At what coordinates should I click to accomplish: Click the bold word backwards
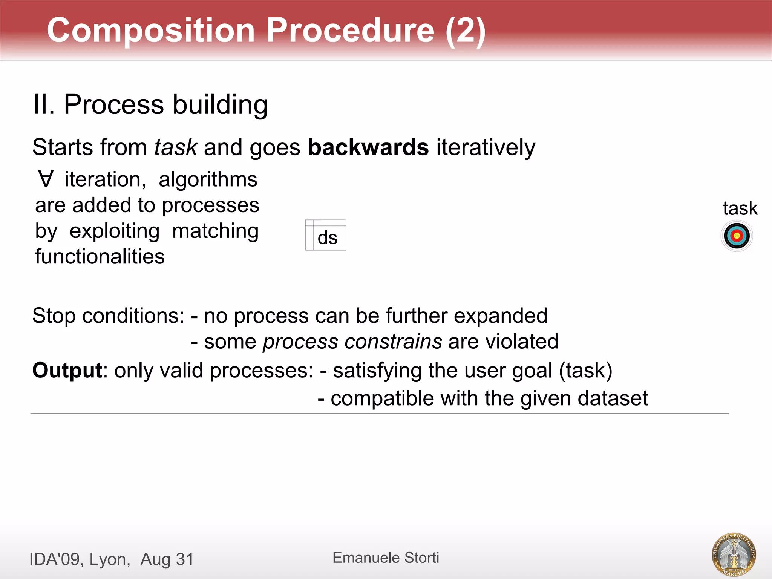click(x=368, y=147)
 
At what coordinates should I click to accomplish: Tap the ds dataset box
click(x=326, y=236)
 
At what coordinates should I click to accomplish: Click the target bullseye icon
click(x=737, y=236)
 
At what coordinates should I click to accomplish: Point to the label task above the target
click(x=740, y=208)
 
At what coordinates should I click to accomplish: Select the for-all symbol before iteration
click(x=46, y=179)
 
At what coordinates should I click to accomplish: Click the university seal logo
click(x=734, y=554)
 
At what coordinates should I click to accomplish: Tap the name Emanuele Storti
click(x=386, y=558)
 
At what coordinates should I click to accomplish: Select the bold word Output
click(x=67, y=370)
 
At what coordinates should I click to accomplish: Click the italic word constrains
click(x=393, y=342)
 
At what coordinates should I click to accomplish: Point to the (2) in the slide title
click(x=465, y=30)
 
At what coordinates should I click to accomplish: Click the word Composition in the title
click(x=151, y=30)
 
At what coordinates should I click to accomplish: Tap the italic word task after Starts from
click(x=176, y=147)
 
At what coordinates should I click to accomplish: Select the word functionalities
click(x=100, y=257)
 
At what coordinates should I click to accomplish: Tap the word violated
click(x=522, y=342)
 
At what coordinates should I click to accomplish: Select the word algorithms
click(x=208, y=179)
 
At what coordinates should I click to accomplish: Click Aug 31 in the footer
click(x=167, y=559)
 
